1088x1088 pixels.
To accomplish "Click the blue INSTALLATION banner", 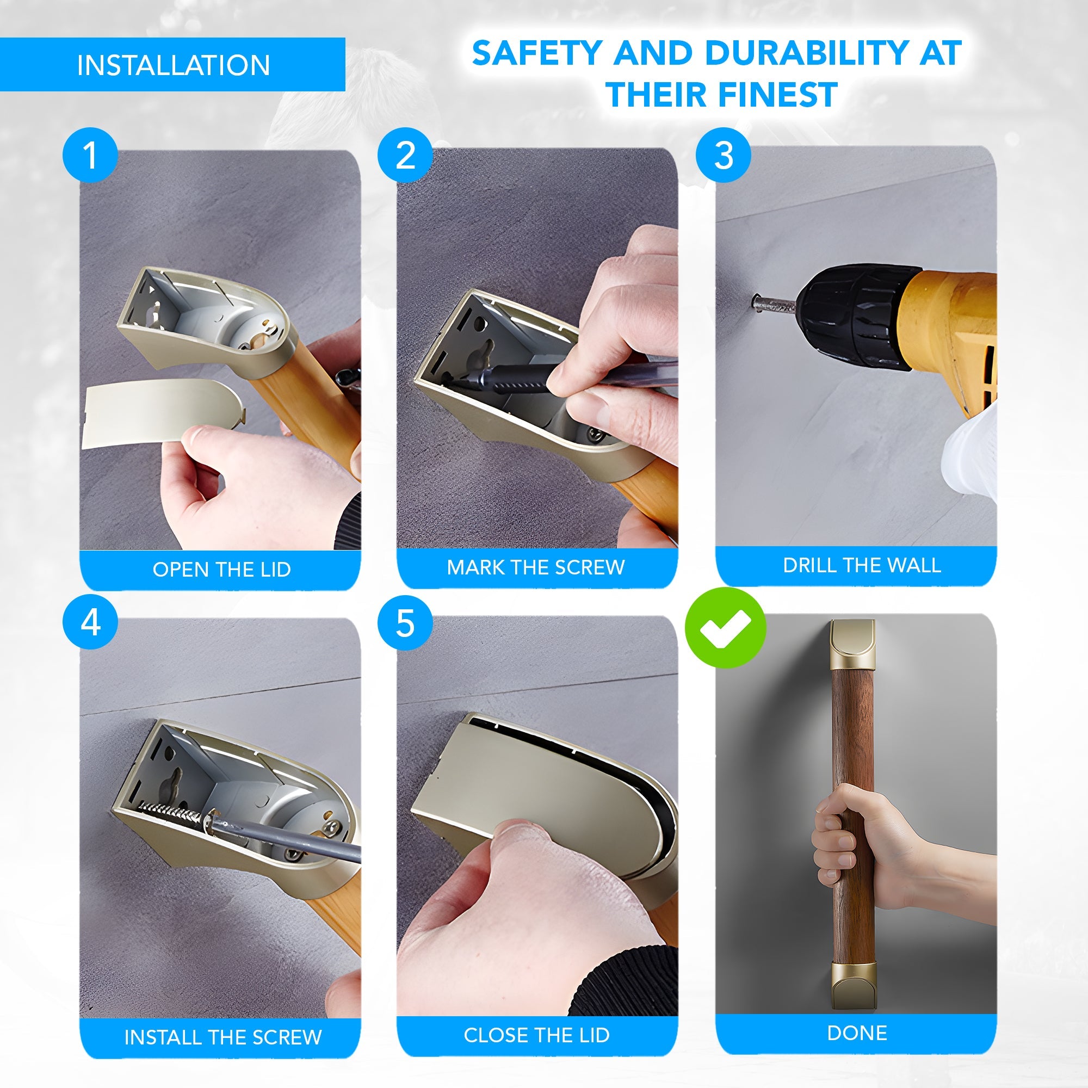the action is click(x=172, y=64).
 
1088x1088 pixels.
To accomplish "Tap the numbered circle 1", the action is click(x=90, y=155).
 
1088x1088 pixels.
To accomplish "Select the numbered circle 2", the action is click(x=405, y=155).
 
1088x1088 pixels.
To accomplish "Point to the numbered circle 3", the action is click(x=723, y=155).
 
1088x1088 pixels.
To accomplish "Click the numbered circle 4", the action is click(x=90, y=623).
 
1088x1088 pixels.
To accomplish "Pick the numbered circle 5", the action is click(x=405, y=623).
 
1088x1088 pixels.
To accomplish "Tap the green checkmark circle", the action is click(x=725, y=627).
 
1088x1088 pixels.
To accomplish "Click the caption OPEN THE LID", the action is click(x=222, y=570).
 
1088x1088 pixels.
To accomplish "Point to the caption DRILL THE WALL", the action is click(x=862, y=565).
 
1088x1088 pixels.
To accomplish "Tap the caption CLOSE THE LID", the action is click(x=537, y=1035).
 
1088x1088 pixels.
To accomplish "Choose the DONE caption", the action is click(x=857, y=1033).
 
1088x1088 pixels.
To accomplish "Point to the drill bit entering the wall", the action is click(x=773, y=304).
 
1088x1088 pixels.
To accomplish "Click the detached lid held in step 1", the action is click(x=163, y=412).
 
